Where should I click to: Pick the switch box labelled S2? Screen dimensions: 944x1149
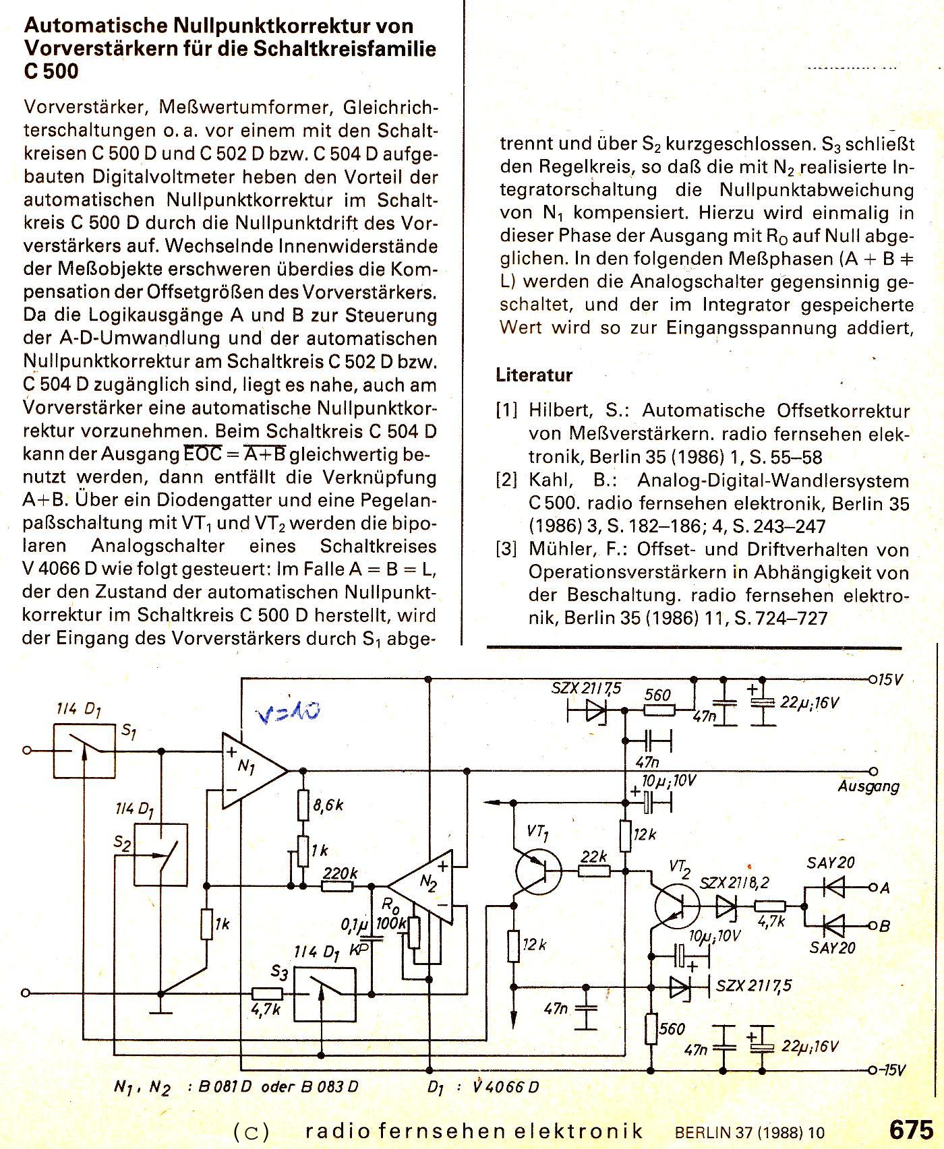pyautogui.click(x=160, y=854)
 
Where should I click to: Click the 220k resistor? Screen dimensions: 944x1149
pyautogui.click(x=338, y=886)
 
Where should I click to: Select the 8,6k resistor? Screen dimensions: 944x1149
pyautogui.click(x=303, y=805)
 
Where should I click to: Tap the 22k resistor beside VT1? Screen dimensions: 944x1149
pyautogui.click(x=594, y=871)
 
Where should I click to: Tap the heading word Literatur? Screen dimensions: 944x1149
pyautogui.click(x=534, y=375)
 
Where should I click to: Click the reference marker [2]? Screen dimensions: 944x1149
pyautogui.click(x=506, y=480)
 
